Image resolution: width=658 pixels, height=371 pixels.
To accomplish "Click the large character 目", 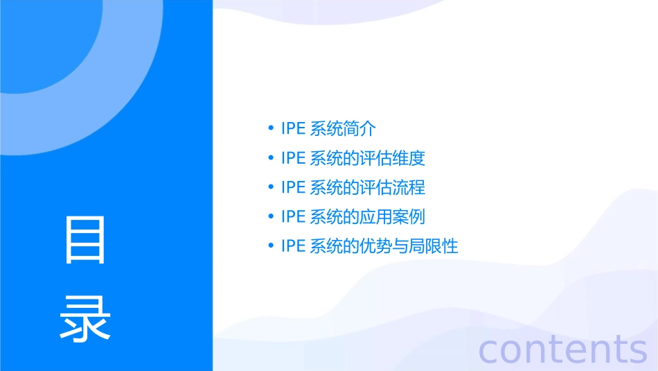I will click(85, 240).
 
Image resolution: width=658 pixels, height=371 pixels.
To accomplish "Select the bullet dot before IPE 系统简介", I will click(270, 128).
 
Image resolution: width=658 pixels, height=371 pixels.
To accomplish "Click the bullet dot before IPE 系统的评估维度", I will click(270, 158).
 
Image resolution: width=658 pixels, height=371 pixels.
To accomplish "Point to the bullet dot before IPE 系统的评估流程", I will click(270, 187).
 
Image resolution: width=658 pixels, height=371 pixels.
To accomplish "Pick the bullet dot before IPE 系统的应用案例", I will click(270, 216).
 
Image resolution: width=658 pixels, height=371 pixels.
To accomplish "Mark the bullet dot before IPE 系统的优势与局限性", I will click(270, 246).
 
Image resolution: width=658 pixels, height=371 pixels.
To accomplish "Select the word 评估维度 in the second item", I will click(393, 158).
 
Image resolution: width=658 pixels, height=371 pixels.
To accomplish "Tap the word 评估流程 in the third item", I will click(393, 187).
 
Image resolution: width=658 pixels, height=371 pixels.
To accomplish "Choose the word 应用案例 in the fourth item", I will click(393, 216).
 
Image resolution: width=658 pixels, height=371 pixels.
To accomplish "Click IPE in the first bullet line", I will click(293, 128).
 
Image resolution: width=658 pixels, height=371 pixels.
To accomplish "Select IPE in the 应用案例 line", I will click(293, 216).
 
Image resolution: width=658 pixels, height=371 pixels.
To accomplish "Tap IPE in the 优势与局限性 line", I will click(293, 246).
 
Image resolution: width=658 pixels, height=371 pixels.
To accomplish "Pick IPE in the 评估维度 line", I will click(293, 158).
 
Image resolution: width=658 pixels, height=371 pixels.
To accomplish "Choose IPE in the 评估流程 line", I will click(293, 187).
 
